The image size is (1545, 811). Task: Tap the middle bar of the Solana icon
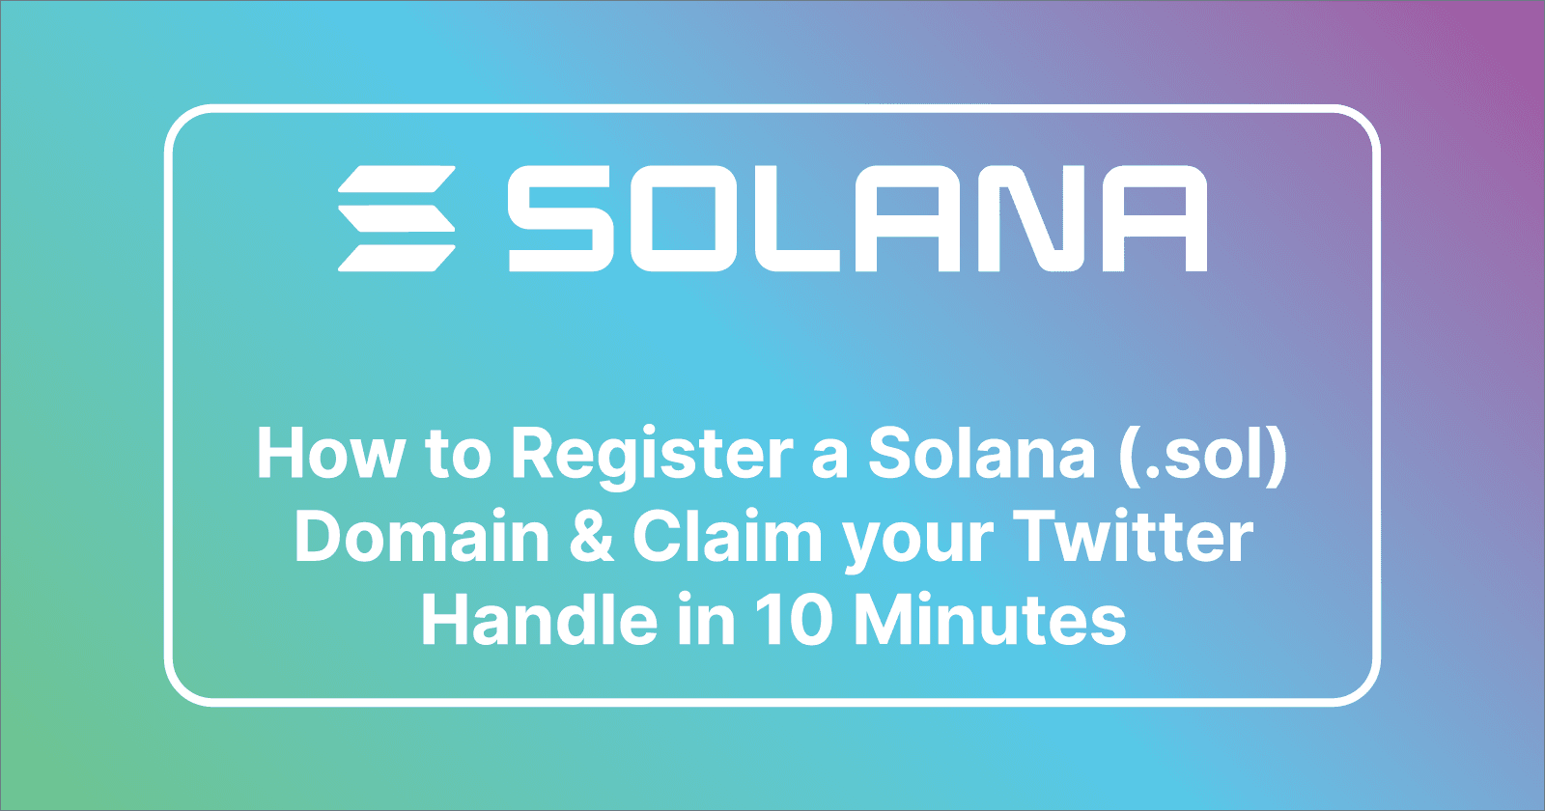[x=396, y=218]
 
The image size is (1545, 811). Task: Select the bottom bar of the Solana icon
[x=396, y=258]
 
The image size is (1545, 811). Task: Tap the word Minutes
[x=990, y=620]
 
